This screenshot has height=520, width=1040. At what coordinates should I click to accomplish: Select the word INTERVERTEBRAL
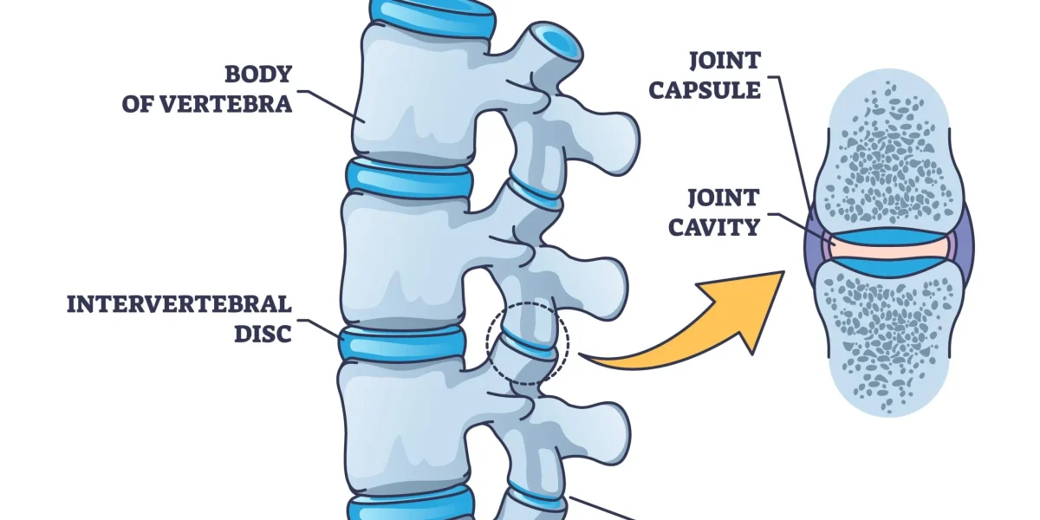coord(179,304)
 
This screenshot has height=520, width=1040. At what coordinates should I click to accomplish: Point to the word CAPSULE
coord(716,90)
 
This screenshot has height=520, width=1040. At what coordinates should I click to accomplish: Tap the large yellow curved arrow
coord(693,329)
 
